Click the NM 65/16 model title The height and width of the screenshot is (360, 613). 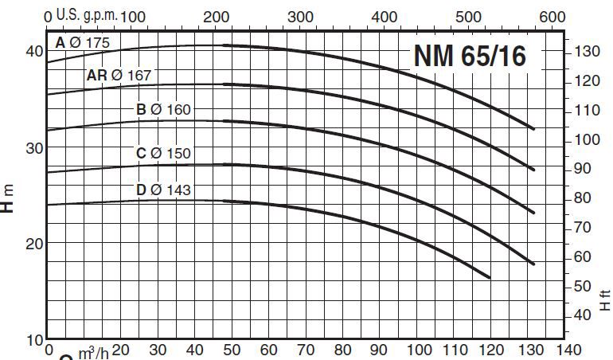click(x=469, y=57)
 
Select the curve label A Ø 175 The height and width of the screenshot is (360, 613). click(x=83, y=43)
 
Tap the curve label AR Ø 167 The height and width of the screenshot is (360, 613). click(x=119, y=76)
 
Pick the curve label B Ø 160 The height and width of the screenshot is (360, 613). click(x=164, y=109)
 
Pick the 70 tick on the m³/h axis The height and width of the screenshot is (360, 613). click(x=306, y=350)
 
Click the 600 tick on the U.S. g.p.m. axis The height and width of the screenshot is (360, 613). click(x=552, y=17)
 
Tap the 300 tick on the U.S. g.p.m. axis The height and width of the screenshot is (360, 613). click(x=300, y=17)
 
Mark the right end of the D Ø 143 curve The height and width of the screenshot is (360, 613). click(x=490, y=277)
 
